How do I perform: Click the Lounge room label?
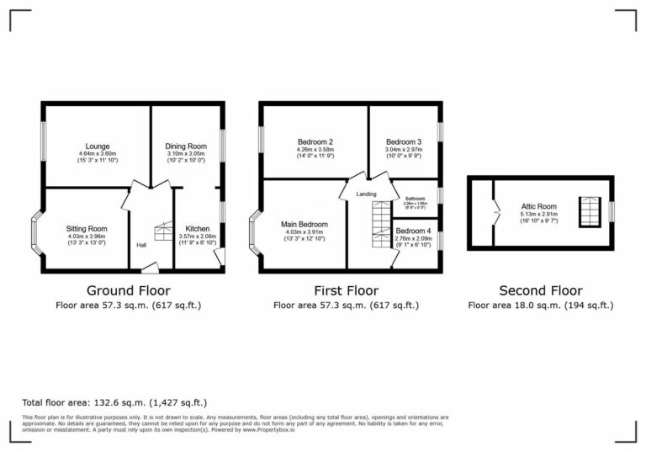[98, 146]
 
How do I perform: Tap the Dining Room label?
[185, 146]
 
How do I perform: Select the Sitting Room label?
[87, 228]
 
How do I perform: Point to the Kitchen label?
[198, 228]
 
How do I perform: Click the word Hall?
[141, 245]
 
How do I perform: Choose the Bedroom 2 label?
[315, 141]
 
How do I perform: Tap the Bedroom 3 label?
[404, 141]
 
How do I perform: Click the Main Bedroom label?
[304, 224]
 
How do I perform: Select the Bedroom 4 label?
[413, 231]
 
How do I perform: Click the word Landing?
[366, 194]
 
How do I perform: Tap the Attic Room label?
[539, 206]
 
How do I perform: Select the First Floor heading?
[346, 290]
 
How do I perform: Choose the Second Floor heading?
[540, 290]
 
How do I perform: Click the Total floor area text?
[114, 403]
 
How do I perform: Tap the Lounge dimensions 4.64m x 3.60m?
[98, 154]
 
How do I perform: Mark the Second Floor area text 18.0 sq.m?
[540, 306]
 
